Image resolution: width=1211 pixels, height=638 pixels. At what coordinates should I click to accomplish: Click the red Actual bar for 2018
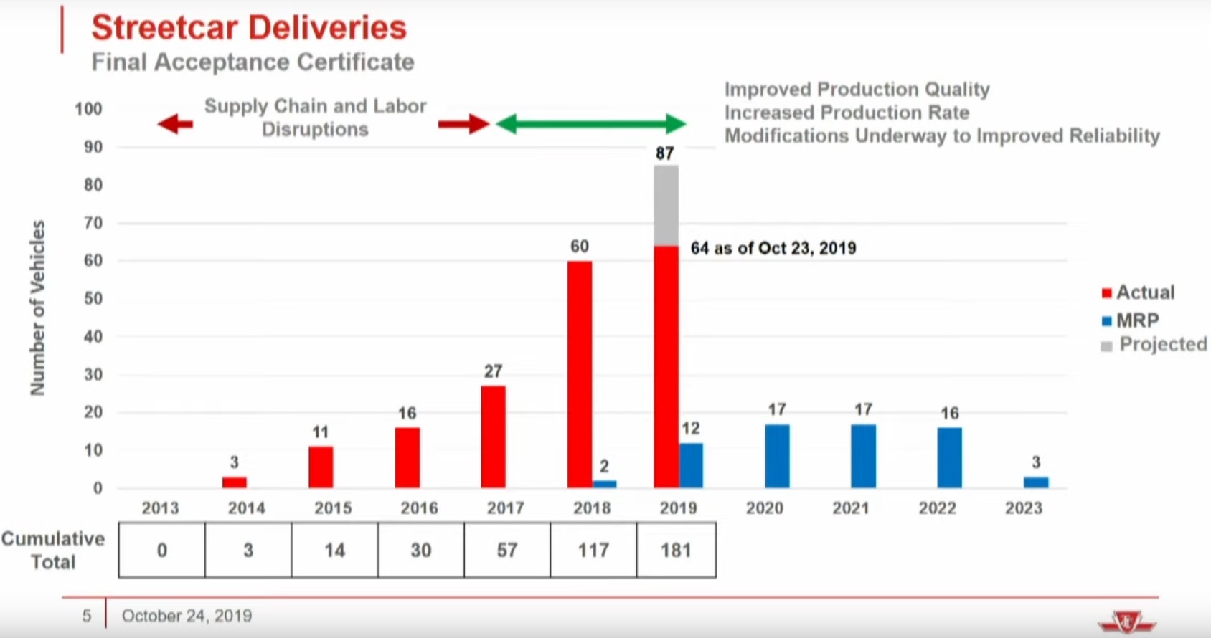(x=580, y=374)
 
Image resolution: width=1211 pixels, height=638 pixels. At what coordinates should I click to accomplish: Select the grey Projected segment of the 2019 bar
(x=666, y=206)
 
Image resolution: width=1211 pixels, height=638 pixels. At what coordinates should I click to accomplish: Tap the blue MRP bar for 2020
(x=777, y=456)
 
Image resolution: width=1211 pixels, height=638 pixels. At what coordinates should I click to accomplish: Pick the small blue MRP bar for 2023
(x=1035, y=482)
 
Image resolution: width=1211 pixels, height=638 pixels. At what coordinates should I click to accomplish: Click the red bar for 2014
(x=235, y=482)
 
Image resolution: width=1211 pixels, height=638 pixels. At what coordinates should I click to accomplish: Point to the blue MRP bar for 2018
(x=605, y=484)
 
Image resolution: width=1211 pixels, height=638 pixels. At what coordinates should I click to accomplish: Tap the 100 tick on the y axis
(x=88, y=109)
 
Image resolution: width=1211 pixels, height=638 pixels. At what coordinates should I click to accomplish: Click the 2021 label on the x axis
(x=851, y=508)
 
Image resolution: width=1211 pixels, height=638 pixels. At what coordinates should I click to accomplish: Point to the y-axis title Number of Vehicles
(x=37, y=308)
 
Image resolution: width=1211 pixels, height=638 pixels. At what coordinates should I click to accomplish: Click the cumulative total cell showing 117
(x=593, y=550)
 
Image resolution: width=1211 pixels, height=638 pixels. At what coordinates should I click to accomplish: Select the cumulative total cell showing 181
(x=676, y=550)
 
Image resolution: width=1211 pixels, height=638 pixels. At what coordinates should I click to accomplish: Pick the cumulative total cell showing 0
(x=162, y=550)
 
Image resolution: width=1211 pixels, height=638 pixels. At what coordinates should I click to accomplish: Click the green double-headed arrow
(x=591, y=124)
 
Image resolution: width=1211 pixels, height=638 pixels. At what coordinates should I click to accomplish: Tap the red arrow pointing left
(x=176, y=124)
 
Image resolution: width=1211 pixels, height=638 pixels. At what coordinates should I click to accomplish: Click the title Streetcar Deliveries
(x=249, y=27)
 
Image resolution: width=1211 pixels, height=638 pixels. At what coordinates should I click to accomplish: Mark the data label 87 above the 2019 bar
(x=665, y=153)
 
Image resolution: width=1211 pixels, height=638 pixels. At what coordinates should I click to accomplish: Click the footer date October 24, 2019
(x=187, y=616)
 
